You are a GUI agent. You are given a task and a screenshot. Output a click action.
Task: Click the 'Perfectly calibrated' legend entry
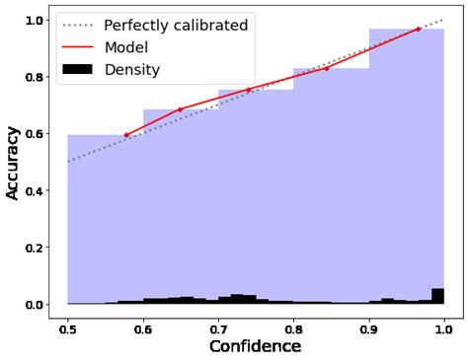tap(175, 26)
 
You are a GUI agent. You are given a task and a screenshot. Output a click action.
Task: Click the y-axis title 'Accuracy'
tap(14, 162)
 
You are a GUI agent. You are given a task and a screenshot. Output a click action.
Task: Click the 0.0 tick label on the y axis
tap(36, 304)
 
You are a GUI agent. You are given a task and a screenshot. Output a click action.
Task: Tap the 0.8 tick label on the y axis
tap(36, 77)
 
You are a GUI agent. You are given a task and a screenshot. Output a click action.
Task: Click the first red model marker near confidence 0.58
tap(126, 135)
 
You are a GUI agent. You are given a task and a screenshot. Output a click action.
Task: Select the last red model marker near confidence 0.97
tap(419, 29)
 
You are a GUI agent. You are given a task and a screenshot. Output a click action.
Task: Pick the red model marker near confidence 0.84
tap(327, 68)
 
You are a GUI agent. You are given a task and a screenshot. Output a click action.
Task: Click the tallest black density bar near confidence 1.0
tap(437, 296)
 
